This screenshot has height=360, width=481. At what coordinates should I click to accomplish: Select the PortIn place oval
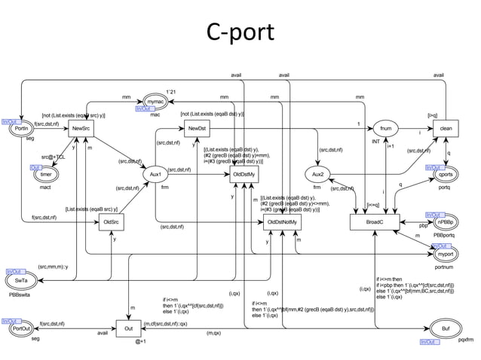click(22, 129)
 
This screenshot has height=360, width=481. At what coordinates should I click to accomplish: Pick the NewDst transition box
click(198, 129)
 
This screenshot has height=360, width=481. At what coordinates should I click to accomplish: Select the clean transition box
click(446, 129)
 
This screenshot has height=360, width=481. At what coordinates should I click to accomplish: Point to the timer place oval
click(47, 174)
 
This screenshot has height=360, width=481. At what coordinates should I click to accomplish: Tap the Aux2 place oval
click(317, 174)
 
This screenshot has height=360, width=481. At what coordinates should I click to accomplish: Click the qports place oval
click(443, 174)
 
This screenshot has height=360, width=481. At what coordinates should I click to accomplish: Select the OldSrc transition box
click(112, 222)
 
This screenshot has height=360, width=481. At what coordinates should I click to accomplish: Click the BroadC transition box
click(374, 222)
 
